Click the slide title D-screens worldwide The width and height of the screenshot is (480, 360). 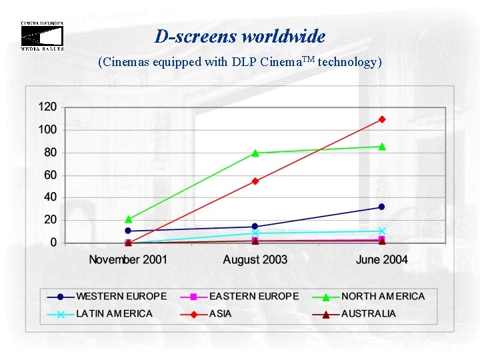point(239,36)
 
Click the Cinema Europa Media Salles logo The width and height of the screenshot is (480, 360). point(42,36)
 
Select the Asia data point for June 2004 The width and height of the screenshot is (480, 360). point(382,119)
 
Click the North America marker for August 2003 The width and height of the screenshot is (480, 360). point(255,153)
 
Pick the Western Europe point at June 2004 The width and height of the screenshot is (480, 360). point(382,207)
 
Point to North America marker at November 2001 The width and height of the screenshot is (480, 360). point(129,219)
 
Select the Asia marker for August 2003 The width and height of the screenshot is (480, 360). point(255,181)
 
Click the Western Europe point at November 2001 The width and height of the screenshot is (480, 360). point(128,231)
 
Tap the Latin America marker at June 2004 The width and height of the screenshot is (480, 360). point(382,231)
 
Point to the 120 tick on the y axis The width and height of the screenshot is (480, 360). point(47,107)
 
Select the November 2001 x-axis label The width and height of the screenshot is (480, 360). point(128,259)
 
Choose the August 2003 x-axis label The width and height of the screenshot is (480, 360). point(255,259)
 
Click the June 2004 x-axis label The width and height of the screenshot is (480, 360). point(381,259)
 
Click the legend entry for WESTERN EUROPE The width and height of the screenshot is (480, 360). point(121,296)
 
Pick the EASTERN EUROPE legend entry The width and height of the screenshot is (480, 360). point(254,296)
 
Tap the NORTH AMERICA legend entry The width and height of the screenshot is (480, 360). point(383,296)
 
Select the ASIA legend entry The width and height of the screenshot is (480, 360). point(220,313)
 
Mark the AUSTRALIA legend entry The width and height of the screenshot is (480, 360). point(368,313)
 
